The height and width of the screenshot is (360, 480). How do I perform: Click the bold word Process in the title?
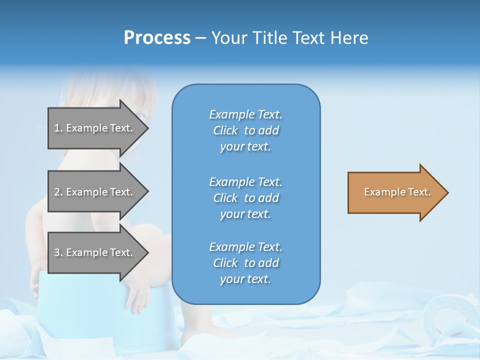tap(157, 38)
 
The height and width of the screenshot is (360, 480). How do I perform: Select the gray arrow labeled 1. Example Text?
tap(95, 128)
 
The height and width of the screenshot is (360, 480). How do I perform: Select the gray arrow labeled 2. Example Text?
tap(95, 192)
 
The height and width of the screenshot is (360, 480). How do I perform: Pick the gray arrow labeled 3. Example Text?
tap(95, 252)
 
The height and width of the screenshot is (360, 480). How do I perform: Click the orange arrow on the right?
tap(395, 192)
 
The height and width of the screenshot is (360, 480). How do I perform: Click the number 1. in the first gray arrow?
tap(58, 128)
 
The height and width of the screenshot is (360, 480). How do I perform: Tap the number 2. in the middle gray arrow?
tap(58, 192)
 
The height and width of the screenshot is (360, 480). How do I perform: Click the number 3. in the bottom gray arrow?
tap(58, 252)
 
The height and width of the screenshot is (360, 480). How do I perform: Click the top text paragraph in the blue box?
tap(245, 130)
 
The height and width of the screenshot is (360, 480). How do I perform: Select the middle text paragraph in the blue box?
tap(245, 198)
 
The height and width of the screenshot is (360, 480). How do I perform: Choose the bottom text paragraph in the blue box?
tap(245, 263)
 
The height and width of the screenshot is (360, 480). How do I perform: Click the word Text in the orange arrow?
tap(419, 192)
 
